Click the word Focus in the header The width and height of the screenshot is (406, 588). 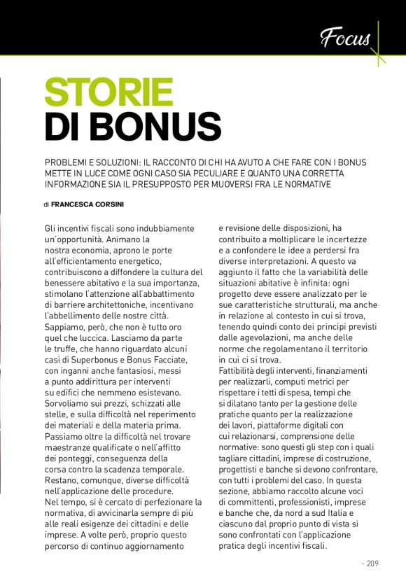click(345, 37)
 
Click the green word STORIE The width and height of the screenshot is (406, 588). click(108, 93)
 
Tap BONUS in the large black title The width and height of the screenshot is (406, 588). click(157, 126)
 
